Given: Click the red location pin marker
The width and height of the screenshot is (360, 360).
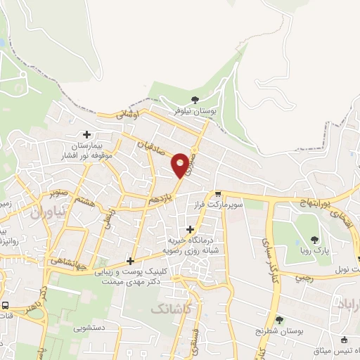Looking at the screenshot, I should (x=181, y=164).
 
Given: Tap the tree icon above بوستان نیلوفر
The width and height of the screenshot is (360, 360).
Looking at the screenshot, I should (x=195, y=99).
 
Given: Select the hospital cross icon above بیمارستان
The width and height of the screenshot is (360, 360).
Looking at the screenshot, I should (x=86, y=134).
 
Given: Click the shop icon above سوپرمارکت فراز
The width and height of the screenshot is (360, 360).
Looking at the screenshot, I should (x=219, y=193).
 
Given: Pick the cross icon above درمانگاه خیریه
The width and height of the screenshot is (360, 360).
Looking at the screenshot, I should (x=191, y=229).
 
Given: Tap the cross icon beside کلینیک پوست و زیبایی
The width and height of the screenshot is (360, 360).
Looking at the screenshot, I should (x=129, y=260).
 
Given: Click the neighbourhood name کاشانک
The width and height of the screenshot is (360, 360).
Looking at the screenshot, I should (x=171, y=309).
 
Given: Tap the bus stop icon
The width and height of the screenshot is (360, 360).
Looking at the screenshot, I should (x=6, y=306).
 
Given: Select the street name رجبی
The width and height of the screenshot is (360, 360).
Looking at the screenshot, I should (x=302, y=277).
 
